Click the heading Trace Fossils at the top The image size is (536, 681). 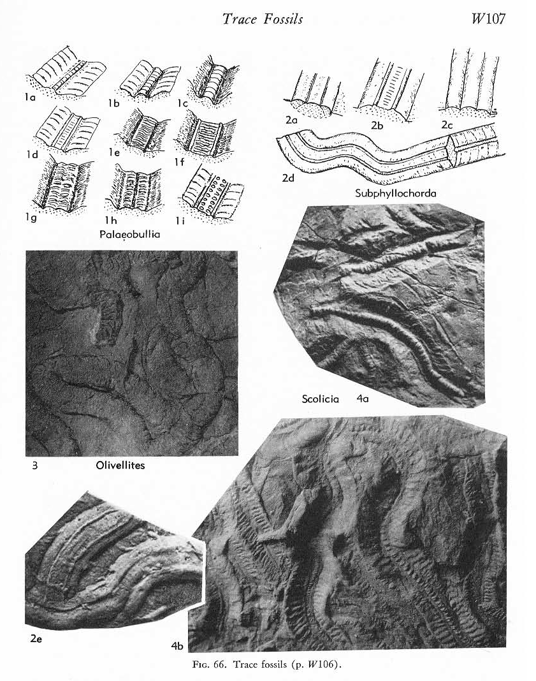click(263, 18)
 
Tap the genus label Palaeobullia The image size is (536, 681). click(130, 235)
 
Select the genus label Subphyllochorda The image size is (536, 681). click(395, 193)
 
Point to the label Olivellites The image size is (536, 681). click(120, 465)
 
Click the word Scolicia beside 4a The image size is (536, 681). click(321, 399)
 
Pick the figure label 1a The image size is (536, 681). click(29, 98)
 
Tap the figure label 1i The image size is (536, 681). click(180, 221)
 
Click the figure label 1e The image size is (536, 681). click(114, 152)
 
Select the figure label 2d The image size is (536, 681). click(288, 178)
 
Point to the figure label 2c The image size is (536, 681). click(447, 124)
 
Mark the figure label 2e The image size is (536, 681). click(36, 638)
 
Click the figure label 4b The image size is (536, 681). click(177, 647)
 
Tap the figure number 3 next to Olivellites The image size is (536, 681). click(34, 465)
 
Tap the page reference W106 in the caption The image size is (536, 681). click(319, 664)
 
